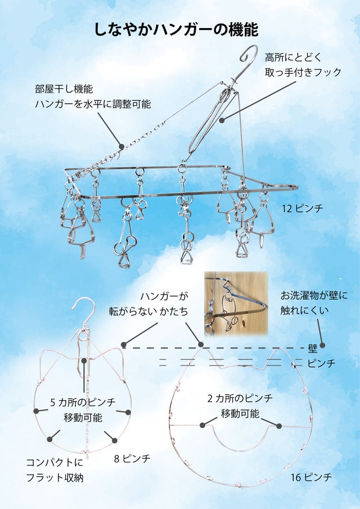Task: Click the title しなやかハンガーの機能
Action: (176, 30)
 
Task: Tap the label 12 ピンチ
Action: (302, 208)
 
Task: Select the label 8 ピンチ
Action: (132, 458)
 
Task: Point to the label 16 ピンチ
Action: (311, 477)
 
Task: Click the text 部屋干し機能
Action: (64, 89)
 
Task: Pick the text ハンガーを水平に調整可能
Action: (93, 104)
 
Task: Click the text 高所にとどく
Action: (293, 57)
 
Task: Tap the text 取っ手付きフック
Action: (303, 72)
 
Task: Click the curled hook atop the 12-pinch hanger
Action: (249, 55)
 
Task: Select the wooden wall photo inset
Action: (236, 304)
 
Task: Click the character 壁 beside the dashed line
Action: (313, 349)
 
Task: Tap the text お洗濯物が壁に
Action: (314, 295)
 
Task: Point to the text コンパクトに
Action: (55, 462)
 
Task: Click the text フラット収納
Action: (55, 478)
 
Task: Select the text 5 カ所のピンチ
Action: (83, 402)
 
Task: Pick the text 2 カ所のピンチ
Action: (240, 398)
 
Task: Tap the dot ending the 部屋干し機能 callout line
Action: (121, 147)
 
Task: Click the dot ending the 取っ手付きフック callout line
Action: (222, 120)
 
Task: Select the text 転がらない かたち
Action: (148, 312)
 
